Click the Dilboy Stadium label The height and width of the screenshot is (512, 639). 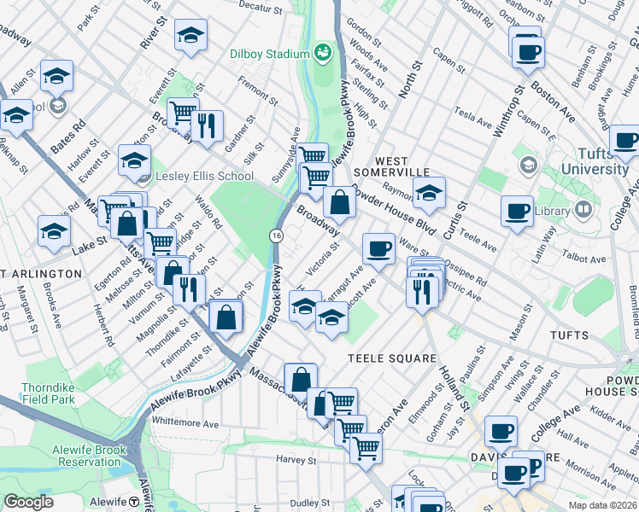click(x=268, y=54)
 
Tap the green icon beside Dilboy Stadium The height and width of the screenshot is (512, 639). click(x=323, y=54)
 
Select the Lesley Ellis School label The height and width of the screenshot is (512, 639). click(x=204, y=177)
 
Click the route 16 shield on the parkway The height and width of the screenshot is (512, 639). click(x=276, y=235)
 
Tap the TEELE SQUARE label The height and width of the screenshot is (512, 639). click(x=392, y=358)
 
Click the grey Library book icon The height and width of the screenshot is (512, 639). click(x=583, y=208)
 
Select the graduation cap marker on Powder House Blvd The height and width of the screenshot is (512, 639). click(x=431, y=192)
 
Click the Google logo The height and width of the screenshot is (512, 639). click(x=29, y=502)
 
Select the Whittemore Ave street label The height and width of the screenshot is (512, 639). click(x=185, y=422)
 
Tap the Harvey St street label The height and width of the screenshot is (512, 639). click(x=296, y=459)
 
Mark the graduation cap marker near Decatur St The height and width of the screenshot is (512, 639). click(x=191, y=35)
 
